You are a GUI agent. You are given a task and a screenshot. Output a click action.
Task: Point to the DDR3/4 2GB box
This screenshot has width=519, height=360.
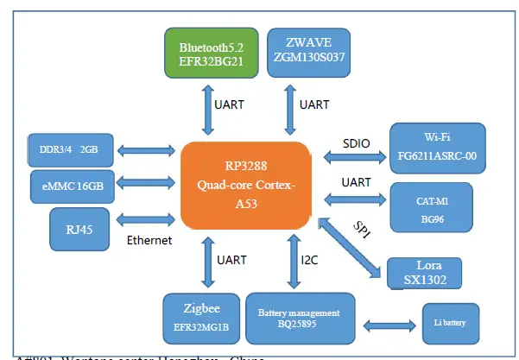pos(64,148)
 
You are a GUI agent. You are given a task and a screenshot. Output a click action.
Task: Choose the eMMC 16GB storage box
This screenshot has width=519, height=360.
pos(64,185)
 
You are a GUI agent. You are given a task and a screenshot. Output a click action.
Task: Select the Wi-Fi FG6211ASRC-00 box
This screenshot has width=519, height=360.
pos(444,148)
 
